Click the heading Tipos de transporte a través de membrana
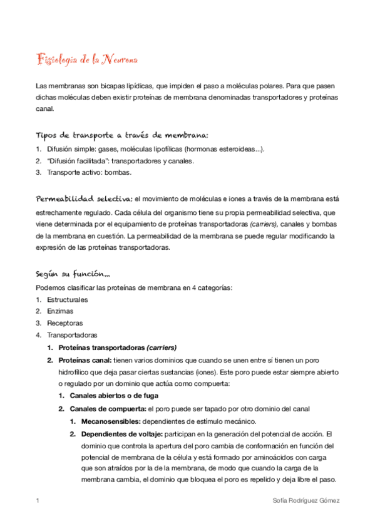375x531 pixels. click(123, 135)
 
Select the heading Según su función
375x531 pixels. click(74, 274)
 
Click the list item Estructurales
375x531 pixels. click(67, 300)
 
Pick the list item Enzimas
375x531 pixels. click(60, 311)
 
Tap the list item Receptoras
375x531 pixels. click(64, 323)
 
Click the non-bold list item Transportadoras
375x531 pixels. click(72, 335)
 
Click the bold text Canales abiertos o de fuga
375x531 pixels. click(114, 396)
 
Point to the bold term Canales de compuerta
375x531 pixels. click(107, 408)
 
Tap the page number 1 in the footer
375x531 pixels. click(38, 501)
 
